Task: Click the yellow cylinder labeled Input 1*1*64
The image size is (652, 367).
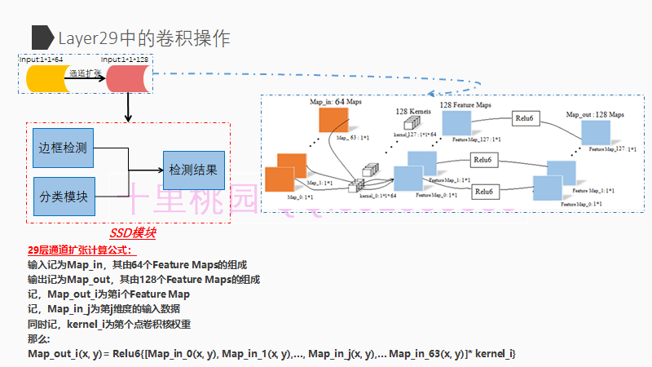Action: pyautogui.click(x=47, y=78)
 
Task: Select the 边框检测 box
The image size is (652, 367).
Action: pyautogui.click(x=63, y=148)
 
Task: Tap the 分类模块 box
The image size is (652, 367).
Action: pyautogui.click(x=63, y=197)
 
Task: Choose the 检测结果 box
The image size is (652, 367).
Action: pyautogui.click(x=193, y=171)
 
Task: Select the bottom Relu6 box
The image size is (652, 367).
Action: pyautogui.click(x=484, y=191)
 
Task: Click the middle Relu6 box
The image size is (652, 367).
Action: pyautogui.click(x=484, y=159)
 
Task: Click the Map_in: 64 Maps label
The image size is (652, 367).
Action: pyautogui.click(x=335, y=103)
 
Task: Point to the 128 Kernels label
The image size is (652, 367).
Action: pyautogui.click(x=413, y=111)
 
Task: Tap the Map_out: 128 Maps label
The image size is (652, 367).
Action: pyautogui.click(x=595, y=115)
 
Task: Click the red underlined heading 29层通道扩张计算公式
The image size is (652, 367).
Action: pyautogui.click(x=74, y=250)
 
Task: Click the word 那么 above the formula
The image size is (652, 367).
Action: pyautogui.click(x=38, y=338)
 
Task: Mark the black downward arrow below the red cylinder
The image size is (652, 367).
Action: pyautogui.click(x=128, y=108)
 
